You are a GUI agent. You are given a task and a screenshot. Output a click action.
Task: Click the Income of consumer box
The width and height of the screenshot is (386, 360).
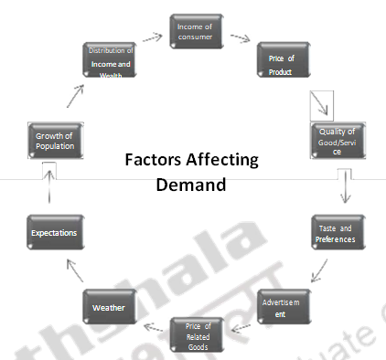tap(195, 32)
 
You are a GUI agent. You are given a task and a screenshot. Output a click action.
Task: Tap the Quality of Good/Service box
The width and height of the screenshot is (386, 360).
tap(337, 138)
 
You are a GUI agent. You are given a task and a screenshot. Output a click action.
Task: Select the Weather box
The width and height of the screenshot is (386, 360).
tap(109, 307)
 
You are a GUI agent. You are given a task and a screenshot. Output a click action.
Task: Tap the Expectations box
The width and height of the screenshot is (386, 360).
tap(53, 233)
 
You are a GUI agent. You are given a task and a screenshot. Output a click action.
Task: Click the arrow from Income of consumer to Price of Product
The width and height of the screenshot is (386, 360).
tap(240, 39)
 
